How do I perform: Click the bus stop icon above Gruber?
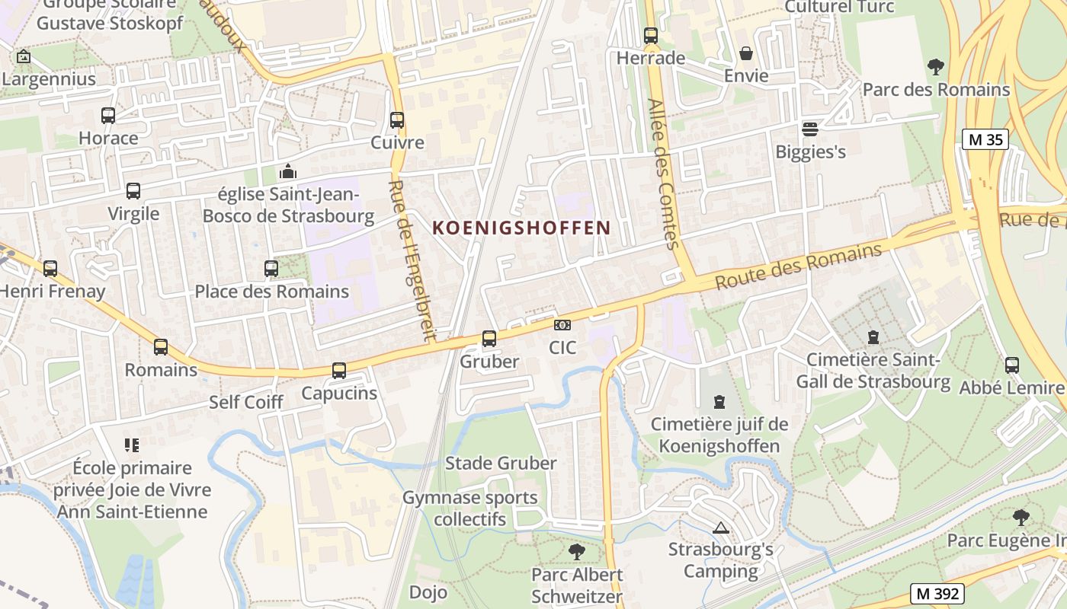click(489, 339)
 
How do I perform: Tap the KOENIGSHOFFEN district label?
click(522, 228)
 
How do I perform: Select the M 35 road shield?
click(985, 139)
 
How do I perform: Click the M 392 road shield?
click(937, 593)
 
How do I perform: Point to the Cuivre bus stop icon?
click(397, 120)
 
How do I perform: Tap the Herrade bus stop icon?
click(651, 36)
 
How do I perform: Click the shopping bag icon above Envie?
click(746, 54)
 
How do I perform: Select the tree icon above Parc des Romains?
click(936, 67)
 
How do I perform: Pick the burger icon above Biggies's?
click(810, 129)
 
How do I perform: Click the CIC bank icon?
click(562, 326)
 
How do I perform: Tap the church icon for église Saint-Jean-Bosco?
click(288, 171)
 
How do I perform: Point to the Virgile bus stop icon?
click(133, 191)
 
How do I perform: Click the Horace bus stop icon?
click(108, 116)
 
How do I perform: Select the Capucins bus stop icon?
click(339, 371)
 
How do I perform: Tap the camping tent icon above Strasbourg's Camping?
click(720, 527)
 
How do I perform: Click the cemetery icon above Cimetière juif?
click(719, 401)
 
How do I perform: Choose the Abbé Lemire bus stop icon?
click(1012, 365)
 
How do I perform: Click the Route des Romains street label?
click(799, 266)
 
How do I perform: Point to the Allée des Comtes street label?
click(662, 174)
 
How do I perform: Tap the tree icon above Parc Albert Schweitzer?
click(577, 551)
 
